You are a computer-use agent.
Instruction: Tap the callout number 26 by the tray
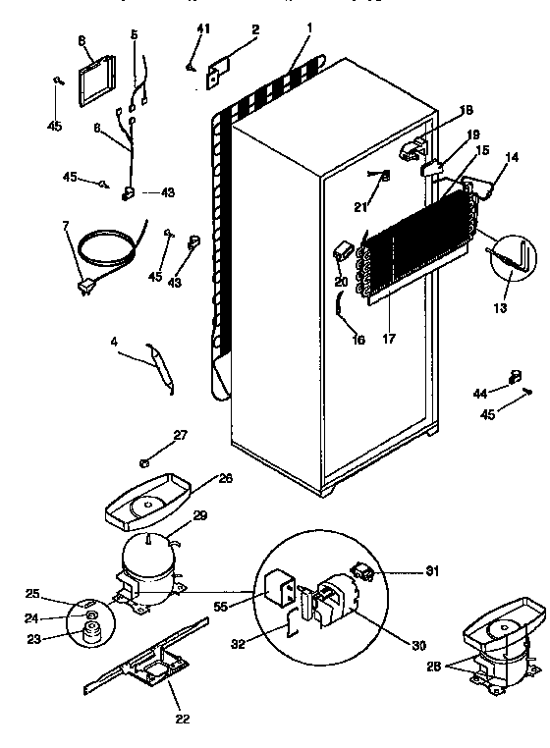click(x=225, y=480)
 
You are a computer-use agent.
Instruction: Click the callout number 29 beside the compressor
click(x=199, y=516)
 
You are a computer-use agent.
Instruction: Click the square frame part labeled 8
click(x=95, y=80)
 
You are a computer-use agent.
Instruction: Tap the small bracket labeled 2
click(x=217, y=72)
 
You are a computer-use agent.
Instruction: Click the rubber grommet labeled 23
click(x=94, y=640)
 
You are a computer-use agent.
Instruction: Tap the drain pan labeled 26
click(x=150, y=502)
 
